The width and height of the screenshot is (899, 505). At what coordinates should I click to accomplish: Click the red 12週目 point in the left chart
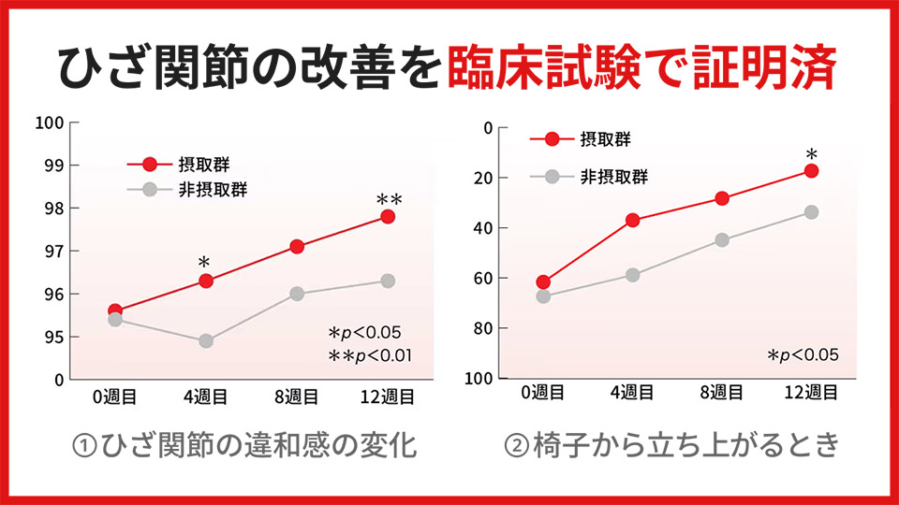tap(387, 217)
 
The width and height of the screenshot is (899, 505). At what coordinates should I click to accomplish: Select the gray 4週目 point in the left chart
tap(206, 341)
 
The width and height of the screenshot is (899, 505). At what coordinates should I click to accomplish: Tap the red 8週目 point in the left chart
tap(297, 247)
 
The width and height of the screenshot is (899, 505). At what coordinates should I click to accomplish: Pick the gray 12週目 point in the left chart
tap(387, 281)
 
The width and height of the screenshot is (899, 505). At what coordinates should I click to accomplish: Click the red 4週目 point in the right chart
tap(632, 221)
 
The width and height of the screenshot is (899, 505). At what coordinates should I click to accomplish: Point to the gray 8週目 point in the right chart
tap(722, 240)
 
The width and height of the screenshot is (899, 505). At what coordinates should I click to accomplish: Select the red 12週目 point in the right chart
tap(811, 171)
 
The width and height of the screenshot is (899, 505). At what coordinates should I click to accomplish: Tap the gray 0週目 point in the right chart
tap(543, 296)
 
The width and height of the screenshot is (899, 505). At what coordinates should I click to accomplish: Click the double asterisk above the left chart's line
tap(388, 200)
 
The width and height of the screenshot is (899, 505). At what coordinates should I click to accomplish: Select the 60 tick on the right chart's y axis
tap(484, 279)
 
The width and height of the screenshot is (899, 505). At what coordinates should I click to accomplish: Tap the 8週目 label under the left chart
tap(297, 397)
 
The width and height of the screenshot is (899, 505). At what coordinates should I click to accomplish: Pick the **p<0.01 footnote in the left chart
tap(370, 355)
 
